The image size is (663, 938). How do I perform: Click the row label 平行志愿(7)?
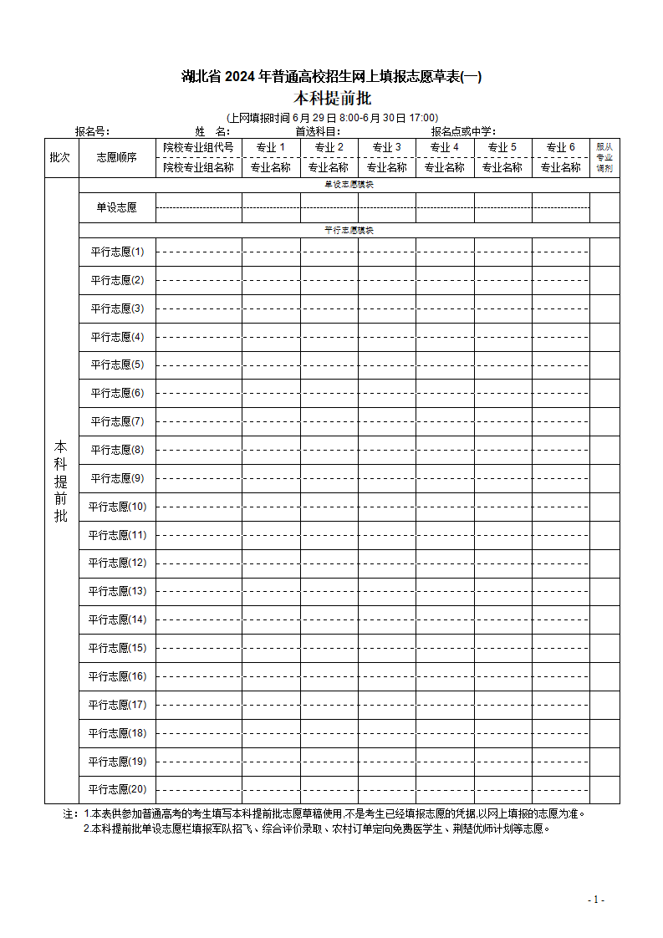tap(117, 421)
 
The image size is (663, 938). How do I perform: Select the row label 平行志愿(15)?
tap(117, 648)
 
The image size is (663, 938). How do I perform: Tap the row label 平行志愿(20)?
tap(117, 789)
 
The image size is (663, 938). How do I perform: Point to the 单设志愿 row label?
tap(117, 207)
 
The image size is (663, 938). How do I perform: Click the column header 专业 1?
tap(271, 147)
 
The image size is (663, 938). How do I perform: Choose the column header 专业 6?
tap(561, 147)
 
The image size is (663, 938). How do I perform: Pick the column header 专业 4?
tap(445, 147)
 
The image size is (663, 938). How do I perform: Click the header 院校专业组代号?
tap(199, 147)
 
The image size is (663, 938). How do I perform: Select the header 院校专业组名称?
tap(199, 167)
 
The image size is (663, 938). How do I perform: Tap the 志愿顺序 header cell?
tap(117, 157)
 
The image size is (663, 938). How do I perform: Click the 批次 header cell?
tap(60, 157)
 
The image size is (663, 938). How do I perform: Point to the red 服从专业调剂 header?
tap(604, 157)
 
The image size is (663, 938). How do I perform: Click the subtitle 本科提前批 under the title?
tap(332, 99)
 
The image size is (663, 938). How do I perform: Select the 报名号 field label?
tap(92, 131)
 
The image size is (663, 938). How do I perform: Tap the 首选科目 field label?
tap(318, 131)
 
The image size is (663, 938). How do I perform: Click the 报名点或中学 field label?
tap(463, 131)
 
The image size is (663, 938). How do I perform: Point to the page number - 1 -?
tap(596, 900)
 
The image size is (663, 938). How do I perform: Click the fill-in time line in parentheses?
tap(332, 118)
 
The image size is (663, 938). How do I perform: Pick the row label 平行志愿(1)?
tap(117, 252)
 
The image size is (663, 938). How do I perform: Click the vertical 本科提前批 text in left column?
tap(61, 481)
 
